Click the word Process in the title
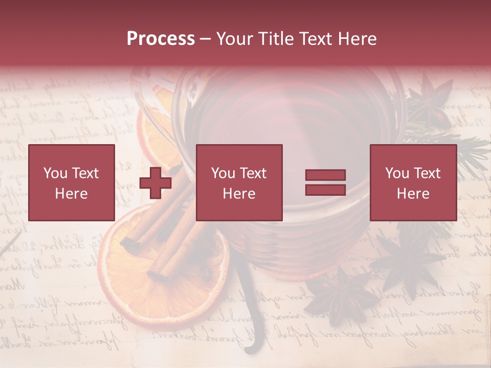[x=161, y=38]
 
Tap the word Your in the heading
[x=235, y=38]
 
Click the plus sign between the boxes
[x=155, y=183]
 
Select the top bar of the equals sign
[x=325, y=175]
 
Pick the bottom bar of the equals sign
[x=325, y=190]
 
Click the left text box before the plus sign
[x=72, y=182]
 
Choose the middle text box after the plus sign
[x=239, y=182]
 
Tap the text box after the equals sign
[x=413, y=182]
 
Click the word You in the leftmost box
[x=55, y=173]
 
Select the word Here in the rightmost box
[x=413, y=193]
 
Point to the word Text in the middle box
[x=253, y=173]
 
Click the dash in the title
[x=206, y=39]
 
